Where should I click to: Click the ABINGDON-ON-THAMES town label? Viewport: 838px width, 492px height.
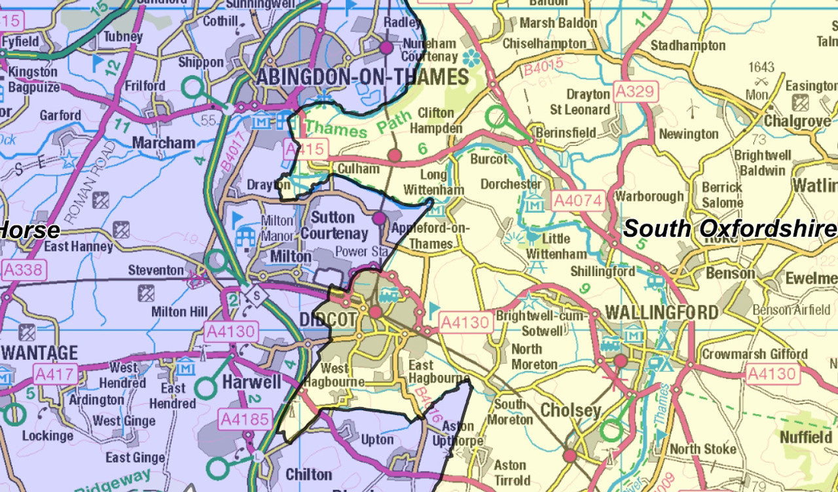[362, 77]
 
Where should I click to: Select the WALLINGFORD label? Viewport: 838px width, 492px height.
[662, 312]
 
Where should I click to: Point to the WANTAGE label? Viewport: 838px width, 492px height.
[39, 353]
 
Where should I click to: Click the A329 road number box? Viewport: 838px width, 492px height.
[634, 91]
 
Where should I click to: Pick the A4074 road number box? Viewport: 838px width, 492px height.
[577, 200]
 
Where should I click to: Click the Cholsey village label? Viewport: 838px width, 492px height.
[570, 411]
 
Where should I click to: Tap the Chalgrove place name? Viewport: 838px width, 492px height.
[797, 122]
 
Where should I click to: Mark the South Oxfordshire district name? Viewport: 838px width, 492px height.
[729, 229]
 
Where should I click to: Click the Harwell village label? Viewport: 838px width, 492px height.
[251, 381]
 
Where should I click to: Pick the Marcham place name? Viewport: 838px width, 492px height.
[164, 143]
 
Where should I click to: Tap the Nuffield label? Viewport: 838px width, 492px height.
[806, 437]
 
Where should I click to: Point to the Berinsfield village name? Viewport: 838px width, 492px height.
[566, 133]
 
